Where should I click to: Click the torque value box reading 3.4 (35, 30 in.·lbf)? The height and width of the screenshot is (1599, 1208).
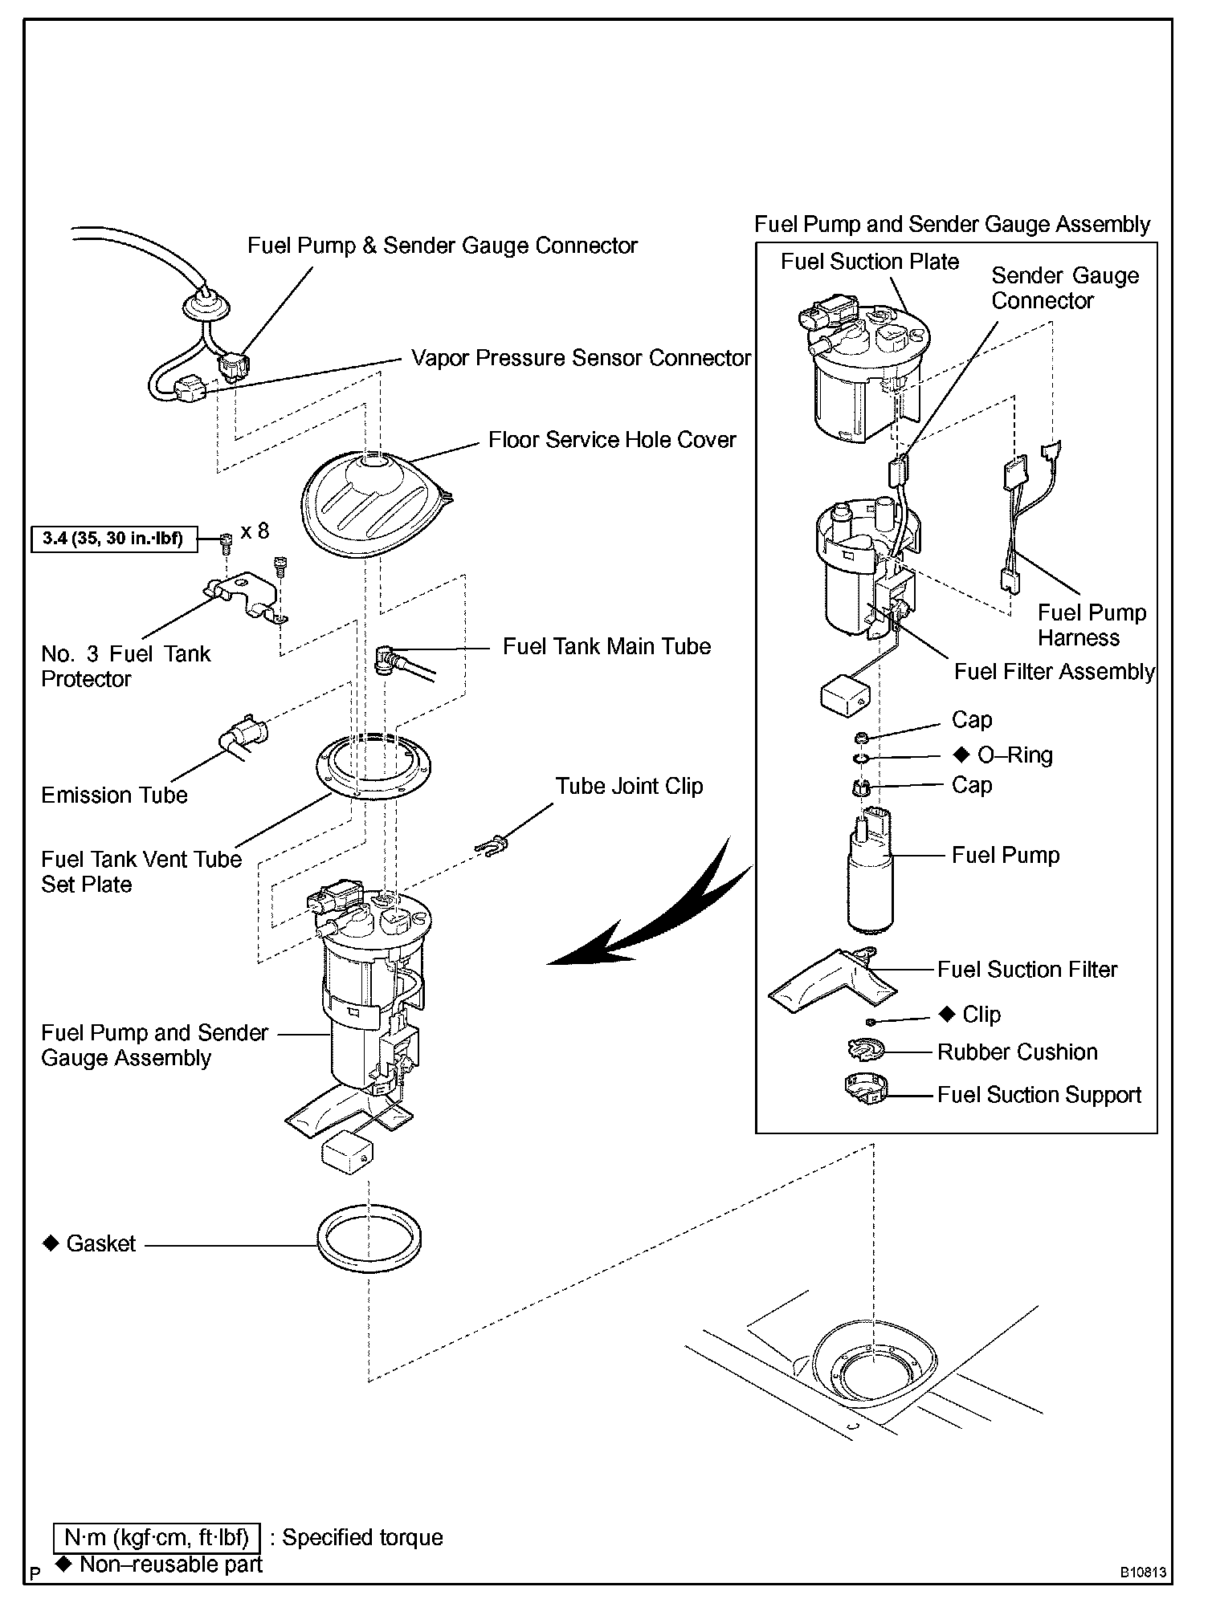click(x=113, y=538)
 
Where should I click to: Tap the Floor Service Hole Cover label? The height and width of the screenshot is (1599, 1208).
click(x=612, y=440)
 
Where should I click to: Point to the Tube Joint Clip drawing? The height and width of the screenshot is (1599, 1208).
click(x=492, y=844)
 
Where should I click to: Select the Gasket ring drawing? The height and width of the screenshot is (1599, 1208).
click(x=369, y=1240)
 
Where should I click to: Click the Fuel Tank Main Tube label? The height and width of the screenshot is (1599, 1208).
click(x=606, y=646)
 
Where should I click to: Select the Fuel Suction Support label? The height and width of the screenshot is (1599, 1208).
click(x=1039, y=1095)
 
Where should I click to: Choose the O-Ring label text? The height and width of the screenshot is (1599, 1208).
click(x=1014, y=755)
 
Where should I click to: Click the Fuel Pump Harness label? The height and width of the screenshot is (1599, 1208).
click(x=1091, y=625)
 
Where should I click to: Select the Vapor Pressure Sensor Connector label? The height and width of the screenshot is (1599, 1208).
click(x=581, y=358)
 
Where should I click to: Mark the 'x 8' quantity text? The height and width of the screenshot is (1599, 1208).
click(x=255, y=531)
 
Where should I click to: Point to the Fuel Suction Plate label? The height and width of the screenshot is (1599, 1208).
click(x=870, y=262)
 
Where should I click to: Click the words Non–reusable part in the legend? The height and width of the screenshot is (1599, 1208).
click(x=171, y=1564)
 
